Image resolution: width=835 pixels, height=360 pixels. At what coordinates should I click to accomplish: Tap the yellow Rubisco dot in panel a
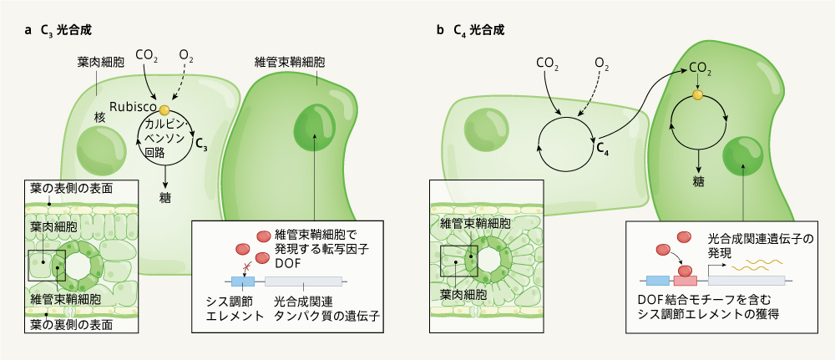point(164,109)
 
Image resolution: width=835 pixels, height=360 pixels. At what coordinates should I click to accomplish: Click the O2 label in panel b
point(602,63)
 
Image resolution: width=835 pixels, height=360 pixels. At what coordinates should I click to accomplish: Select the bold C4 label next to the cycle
point(602,149)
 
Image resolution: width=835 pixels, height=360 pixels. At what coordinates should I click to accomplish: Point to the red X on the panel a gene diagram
point(245,266)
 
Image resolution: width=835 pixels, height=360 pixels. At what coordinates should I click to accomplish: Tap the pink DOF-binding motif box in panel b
point(684,281)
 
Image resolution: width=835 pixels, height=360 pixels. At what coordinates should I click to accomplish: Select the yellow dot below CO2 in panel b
point(698,95)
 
